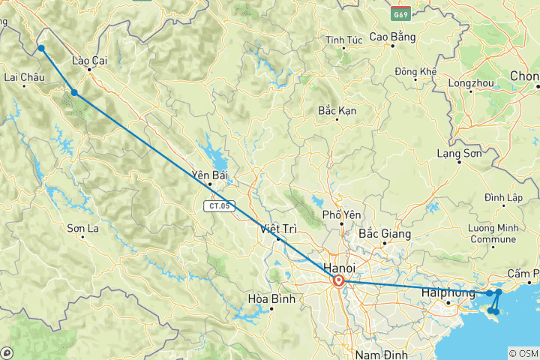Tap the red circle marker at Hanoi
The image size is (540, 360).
(338, 281)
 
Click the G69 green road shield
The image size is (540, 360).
(400, 13)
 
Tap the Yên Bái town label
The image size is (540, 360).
(210, 175)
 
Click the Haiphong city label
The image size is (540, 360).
(448, 293)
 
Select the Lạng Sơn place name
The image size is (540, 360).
(458, 153)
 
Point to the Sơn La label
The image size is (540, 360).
(83, 228)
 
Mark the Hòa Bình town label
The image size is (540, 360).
(269, 299)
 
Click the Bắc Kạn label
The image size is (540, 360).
(337, 110)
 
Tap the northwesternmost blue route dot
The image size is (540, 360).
(41, 49)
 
